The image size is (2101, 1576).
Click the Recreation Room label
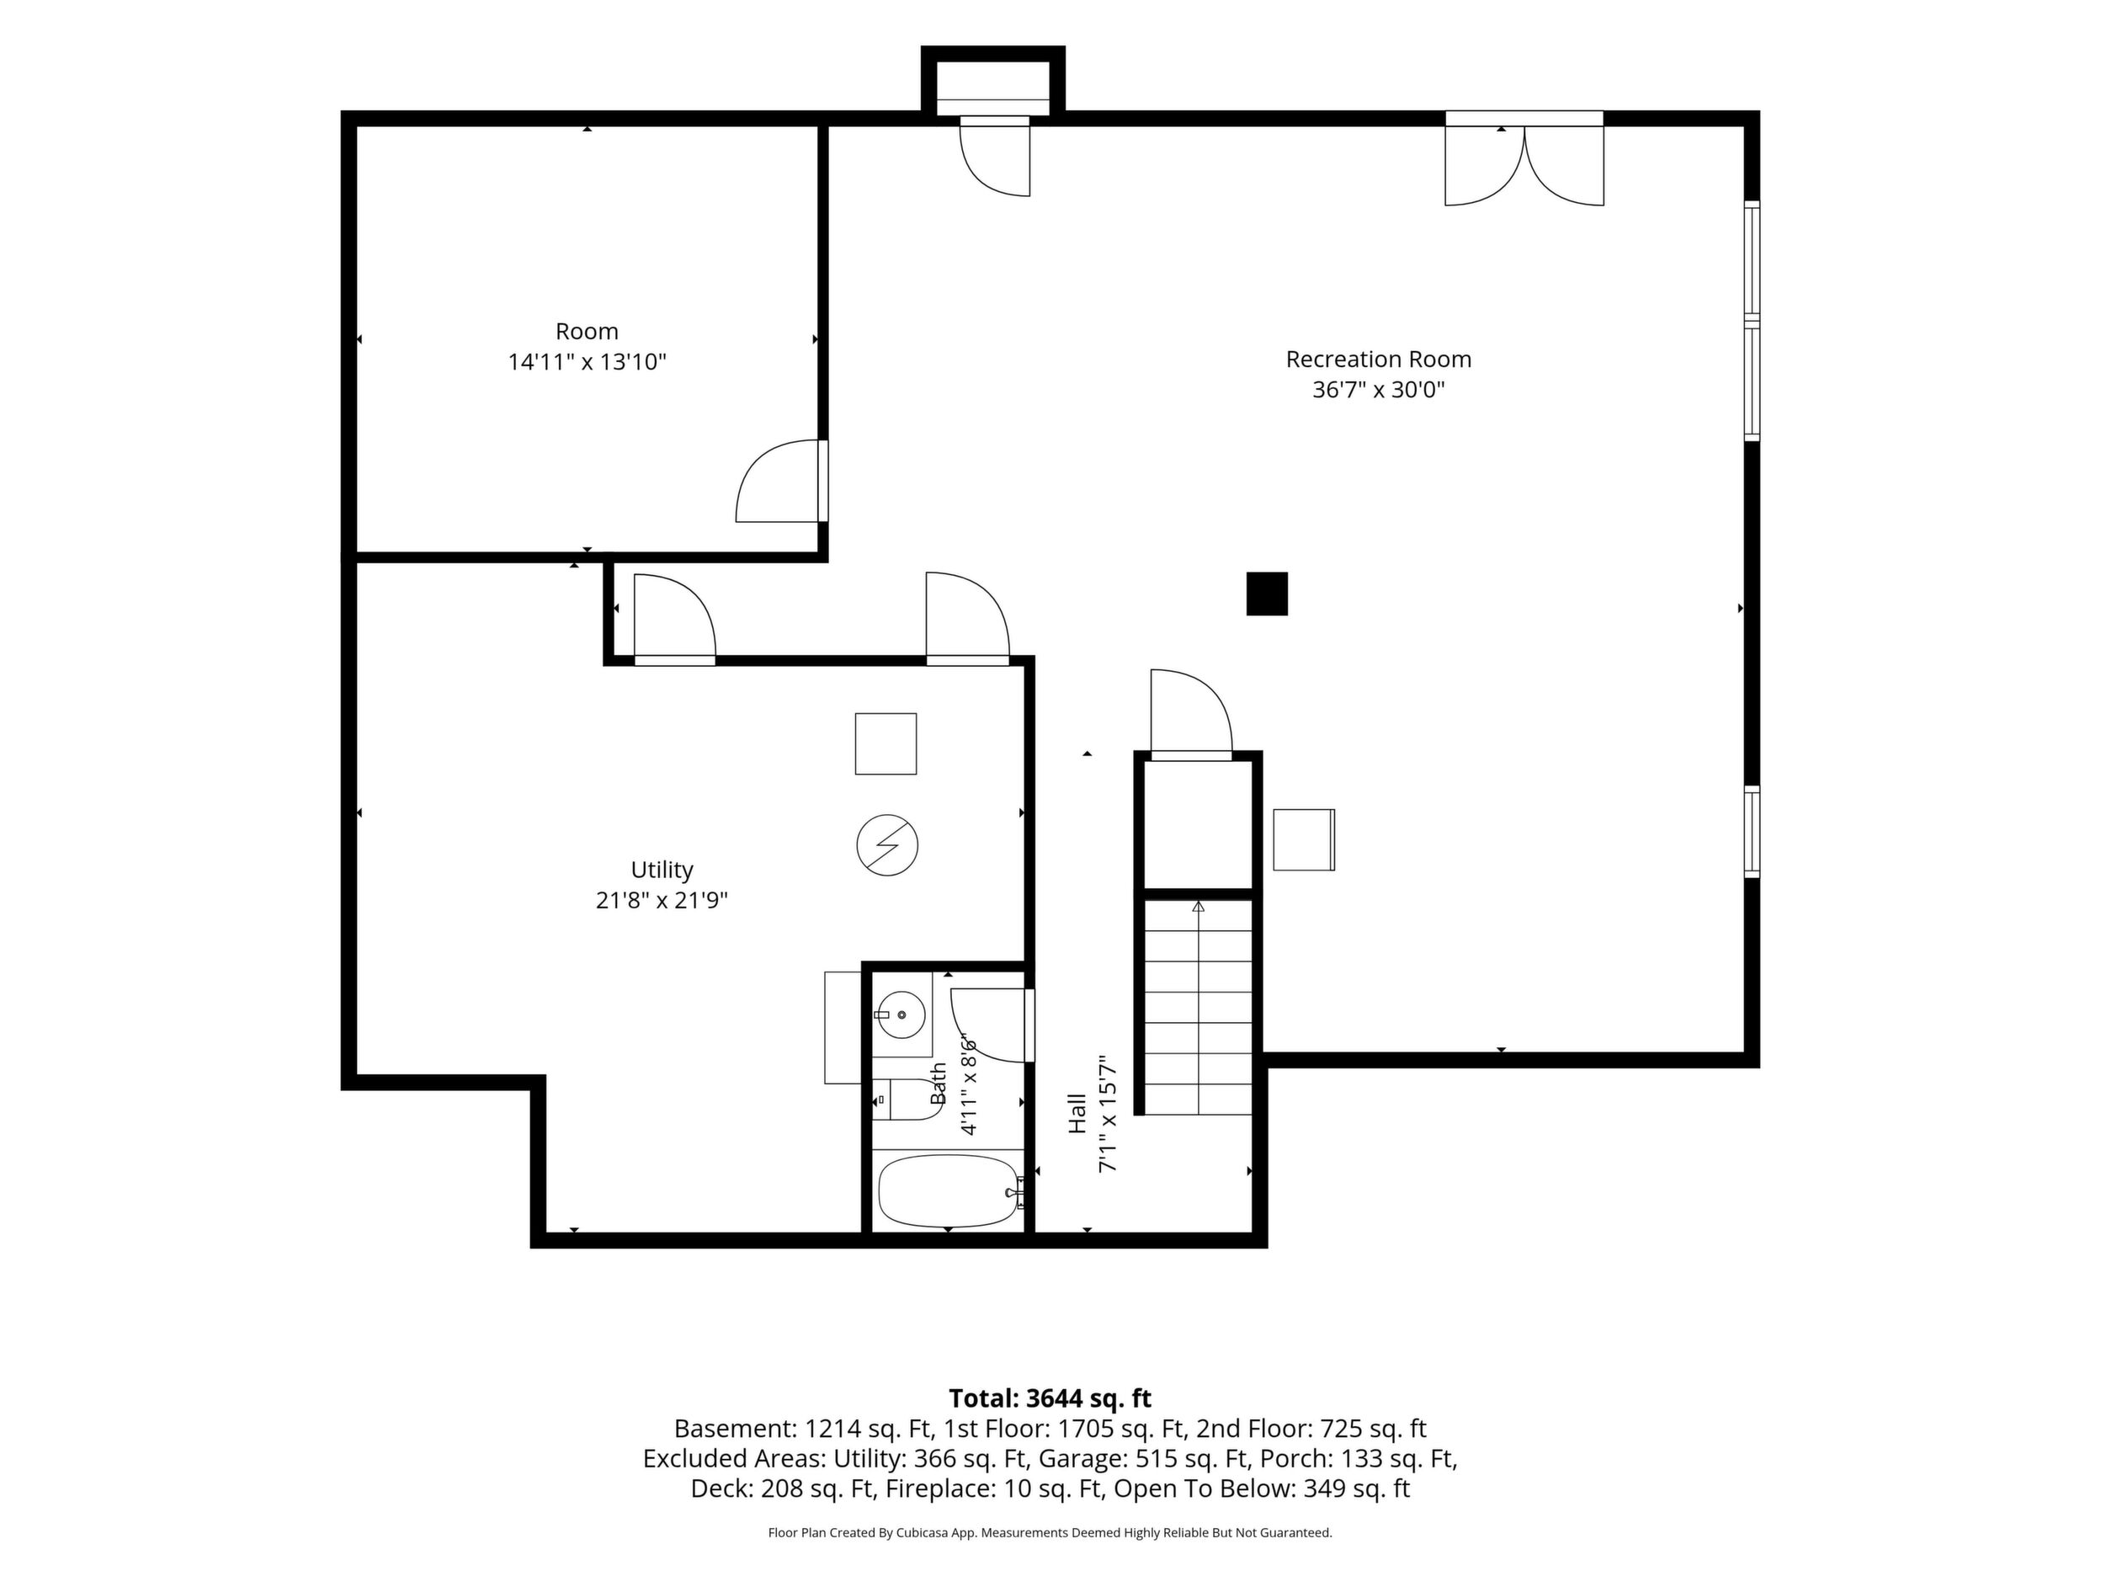(1378, 359)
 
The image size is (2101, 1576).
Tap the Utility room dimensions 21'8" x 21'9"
(662, 900)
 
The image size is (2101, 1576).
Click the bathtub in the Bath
(949, 1190)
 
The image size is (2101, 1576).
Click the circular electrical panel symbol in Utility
(887, 844)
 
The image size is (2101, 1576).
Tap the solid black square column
(1267, 594)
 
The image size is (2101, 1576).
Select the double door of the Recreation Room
(1524, 162)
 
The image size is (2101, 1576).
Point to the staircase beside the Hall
(1198, 1007)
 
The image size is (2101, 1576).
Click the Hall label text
(1077, 1113)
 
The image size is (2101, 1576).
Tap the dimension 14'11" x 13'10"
(587, 362)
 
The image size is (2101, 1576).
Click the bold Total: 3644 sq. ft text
(1050, 1398)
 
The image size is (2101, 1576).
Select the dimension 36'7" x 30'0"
(1378, 390)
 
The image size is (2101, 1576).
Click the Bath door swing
(992, 1026)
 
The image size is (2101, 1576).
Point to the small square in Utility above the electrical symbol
(886, 744)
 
